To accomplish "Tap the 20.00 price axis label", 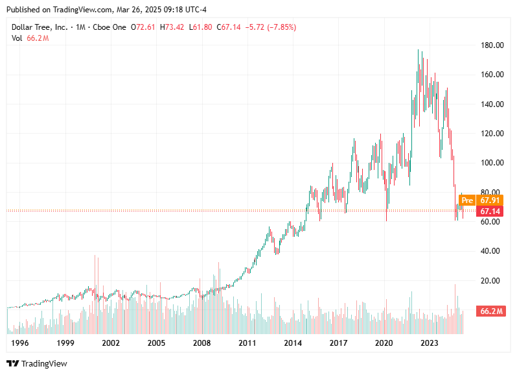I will click(x=489, y=281).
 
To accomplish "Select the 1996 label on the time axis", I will click(x=21, y=343).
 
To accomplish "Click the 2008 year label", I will click(x=202, y=343).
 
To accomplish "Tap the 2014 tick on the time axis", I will click(x=293, y=343).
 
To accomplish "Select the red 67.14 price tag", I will click(x=490, y=212).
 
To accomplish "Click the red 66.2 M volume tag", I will click(x=490, y=311).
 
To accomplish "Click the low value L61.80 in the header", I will click(x=200, y=27).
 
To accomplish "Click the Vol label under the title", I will click(x=17, y=38).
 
